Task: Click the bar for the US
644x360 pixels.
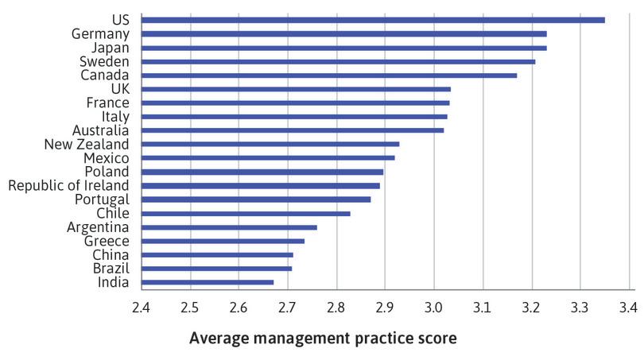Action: tap(373, 20)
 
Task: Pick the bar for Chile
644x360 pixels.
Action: tap(246, 213)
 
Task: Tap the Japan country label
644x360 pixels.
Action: tap(109, 48)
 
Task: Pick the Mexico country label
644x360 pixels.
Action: tap(107, 158)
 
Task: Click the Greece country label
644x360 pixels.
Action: tap(107, 241)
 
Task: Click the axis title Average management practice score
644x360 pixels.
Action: tap(322, 339)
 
